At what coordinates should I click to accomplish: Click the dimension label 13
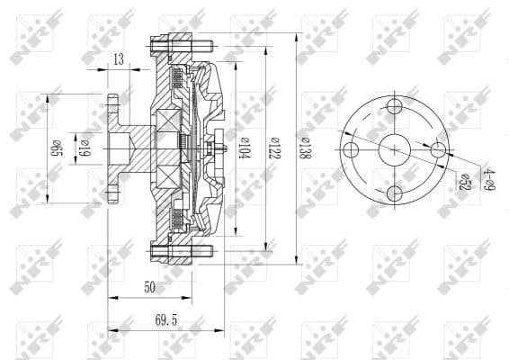119,59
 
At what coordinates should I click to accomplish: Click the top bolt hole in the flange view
395,108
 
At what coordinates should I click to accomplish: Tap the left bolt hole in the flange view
353,150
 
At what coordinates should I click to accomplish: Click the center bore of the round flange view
395,150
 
